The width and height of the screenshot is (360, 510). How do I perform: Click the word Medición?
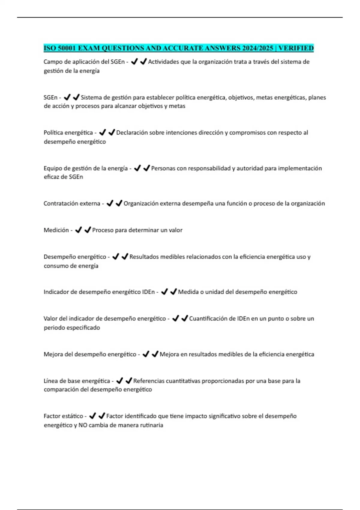(56, 230)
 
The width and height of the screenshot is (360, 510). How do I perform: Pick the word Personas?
(163, 168)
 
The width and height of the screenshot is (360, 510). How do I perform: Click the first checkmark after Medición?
(79, 230)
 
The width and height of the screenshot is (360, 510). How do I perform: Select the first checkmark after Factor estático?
(93, 416)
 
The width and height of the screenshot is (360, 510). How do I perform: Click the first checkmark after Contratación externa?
(110, 203)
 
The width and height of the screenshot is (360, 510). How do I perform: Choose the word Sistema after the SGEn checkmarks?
(91, 97)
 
